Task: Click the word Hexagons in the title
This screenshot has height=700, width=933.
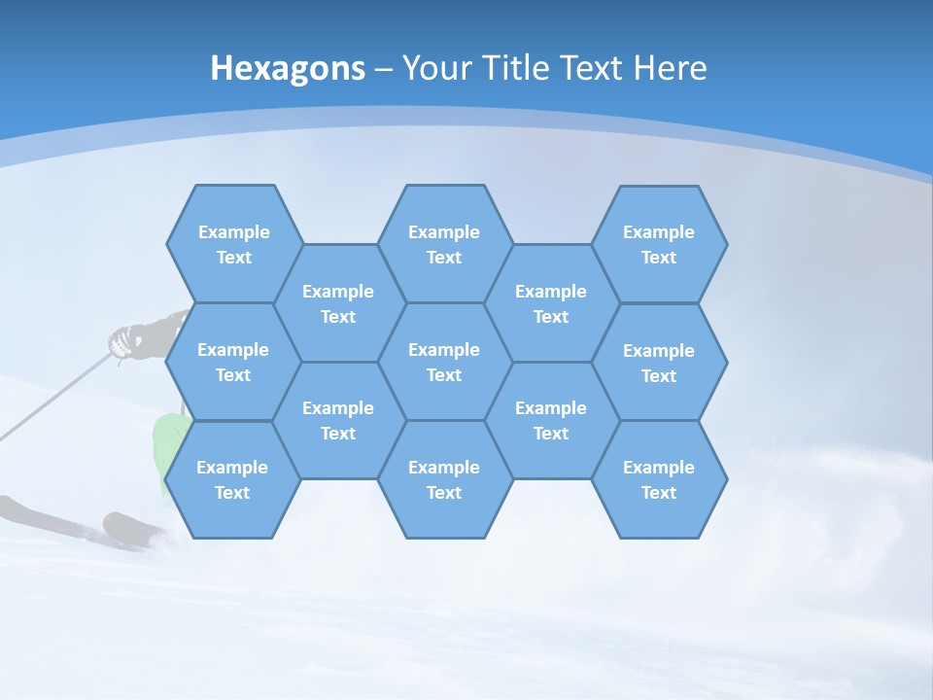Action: click(288, 68)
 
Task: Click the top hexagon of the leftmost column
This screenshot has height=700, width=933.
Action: click(233, 244)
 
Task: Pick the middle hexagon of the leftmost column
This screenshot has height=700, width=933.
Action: click(233, 362)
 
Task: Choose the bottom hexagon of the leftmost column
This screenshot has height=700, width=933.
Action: click(232, 479)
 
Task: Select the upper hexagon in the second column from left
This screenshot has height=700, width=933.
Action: click(338, 303)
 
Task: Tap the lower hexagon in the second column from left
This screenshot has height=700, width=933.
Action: click(338, 420)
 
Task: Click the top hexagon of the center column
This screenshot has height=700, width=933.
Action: click(444, 244)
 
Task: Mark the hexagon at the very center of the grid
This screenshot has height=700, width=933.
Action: click(444, 362)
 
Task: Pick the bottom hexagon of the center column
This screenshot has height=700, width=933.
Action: click(444, 479)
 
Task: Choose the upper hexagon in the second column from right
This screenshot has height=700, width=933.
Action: click(551, 303)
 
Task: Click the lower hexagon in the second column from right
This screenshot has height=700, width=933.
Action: click(551, 420)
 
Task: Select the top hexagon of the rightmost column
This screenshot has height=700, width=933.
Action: click(659, 244)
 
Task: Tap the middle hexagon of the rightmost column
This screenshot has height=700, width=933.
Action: click(659, 363)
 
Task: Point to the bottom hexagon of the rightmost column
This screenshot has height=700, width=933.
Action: click(659, 479)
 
